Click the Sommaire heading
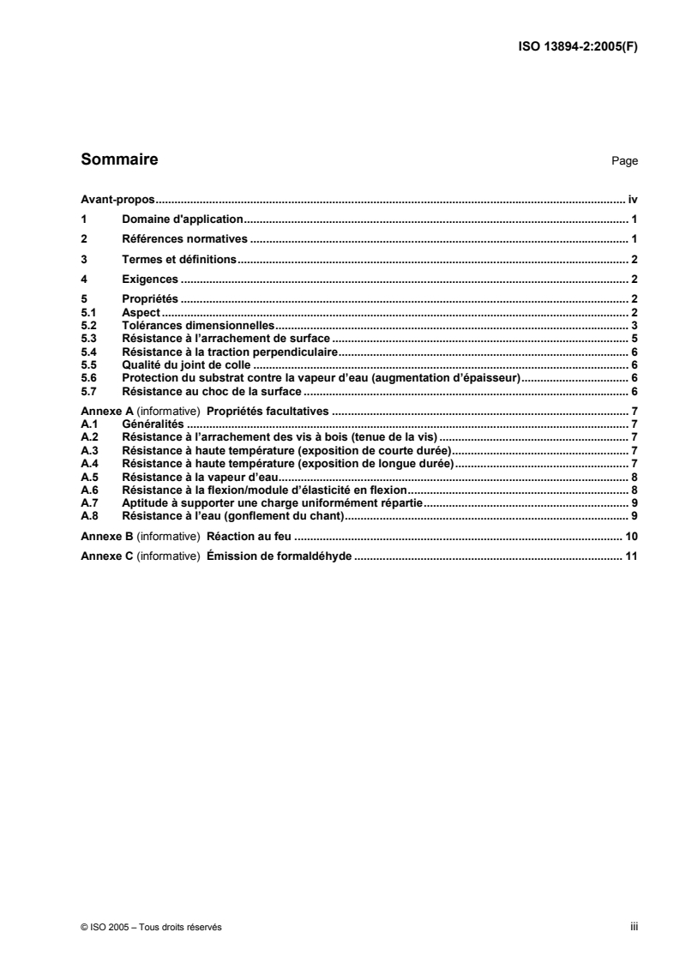[x=118, y=159]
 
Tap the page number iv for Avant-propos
[x=633, y=198]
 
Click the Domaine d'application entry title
[x=184, y=219]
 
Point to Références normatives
[x=184, y=238]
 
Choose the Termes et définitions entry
[x=179, y=259]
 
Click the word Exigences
[x=150, y=279]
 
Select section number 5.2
[x=88, y=326]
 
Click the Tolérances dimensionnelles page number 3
[x=634, y=326]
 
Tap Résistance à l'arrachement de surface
[x=226, y=339]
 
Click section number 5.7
[x=88, y=391]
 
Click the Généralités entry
[x=153, y=424]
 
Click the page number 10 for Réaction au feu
[x=631, y=536]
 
